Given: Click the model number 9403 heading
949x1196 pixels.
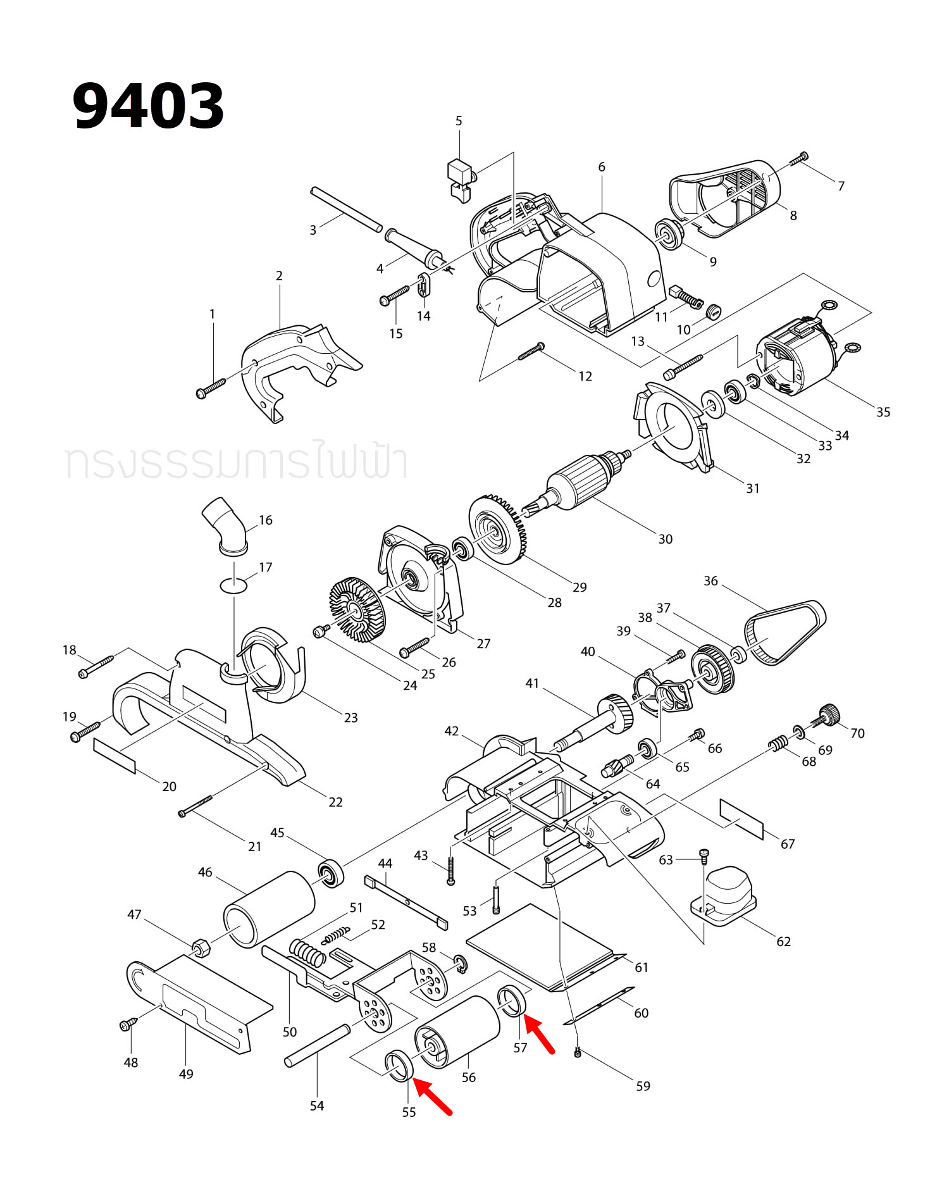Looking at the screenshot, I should coord(148,106).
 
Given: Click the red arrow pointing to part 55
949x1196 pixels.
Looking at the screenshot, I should coord(433,1098).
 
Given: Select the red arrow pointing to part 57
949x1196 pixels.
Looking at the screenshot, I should coord(539,1033).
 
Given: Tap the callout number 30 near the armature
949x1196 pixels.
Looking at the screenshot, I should coord(665,539).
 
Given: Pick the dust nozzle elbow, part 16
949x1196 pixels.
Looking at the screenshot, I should coord(225,525).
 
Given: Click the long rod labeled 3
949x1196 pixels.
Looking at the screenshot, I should coord(346,209).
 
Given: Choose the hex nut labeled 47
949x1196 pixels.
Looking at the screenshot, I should coord(202,947).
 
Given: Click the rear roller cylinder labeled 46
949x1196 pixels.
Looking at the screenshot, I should coord(269,909).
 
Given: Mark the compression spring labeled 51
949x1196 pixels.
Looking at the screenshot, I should coord(307,952).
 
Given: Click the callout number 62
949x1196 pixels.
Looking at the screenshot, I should coord(783,942).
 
